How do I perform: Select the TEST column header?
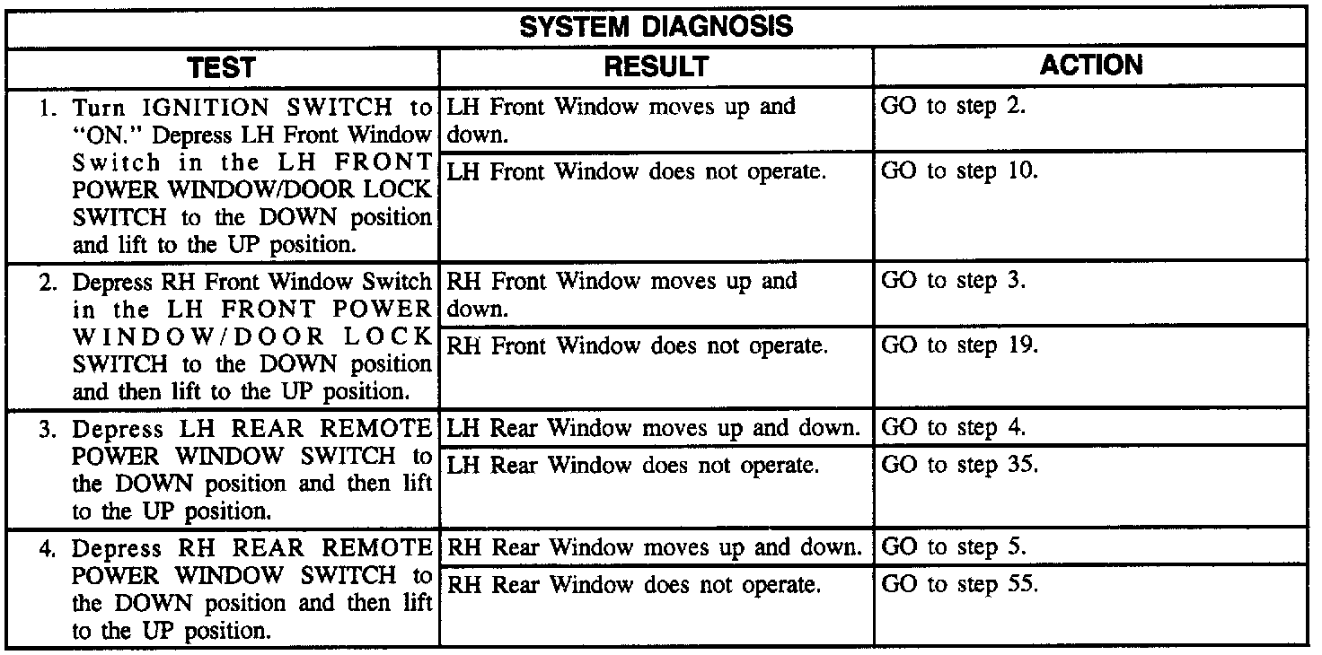pyautogui.click(x=221, y=67)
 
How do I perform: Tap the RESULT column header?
pyautogui.click(x=656, y=67)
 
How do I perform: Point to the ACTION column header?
pyautogui.click(x=1090, y=65)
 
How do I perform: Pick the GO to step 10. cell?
pyautogui.click(x=959, y=171)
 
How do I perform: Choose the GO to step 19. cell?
pyautogui.click(x=959, y=345)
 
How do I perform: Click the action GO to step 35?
pyautogui.click(x=959, y=467)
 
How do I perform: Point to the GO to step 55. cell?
pyautogui.click(x=959, y=586)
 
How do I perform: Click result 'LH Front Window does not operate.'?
pyautogui.click(x=636, y=171)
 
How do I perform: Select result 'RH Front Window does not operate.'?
pyautogui.click(x=637, y=345)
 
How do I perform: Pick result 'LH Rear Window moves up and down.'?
pyautogui.click(x=653, y=428)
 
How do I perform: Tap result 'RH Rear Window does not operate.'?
pyautogui.click(x=634, y=586)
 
